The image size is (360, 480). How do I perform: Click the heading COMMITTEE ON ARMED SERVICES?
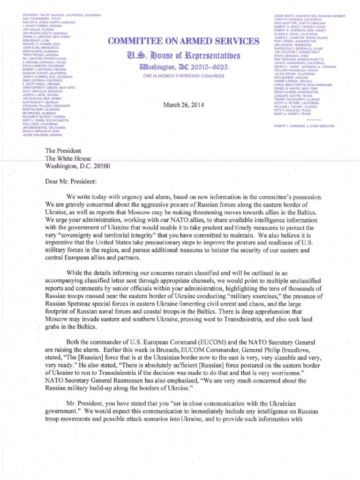pyautogui.click(x=183, y=42)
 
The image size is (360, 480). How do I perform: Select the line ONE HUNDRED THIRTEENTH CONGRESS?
pyautogui.click(x=183, y=76)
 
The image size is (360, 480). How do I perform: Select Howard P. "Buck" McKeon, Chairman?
pyautogui.click(x=61, y=15)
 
